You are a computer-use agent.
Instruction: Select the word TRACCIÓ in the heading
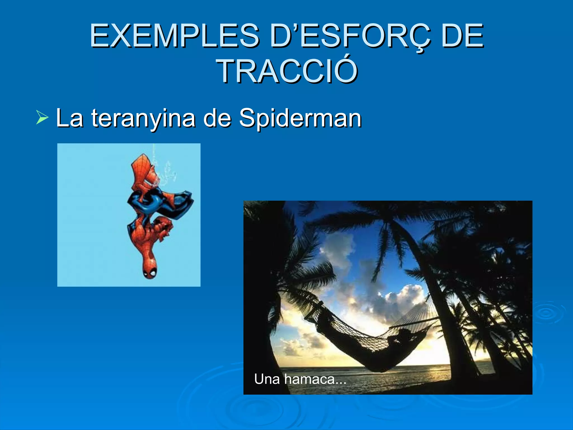point(287,72)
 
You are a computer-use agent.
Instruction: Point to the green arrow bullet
point(42,118)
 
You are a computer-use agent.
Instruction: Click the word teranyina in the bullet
point(143,118)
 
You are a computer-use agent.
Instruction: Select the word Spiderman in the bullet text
point(300,118)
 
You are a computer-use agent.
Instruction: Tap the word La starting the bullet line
point(69,118)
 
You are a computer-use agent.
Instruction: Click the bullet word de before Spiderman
point(217,118)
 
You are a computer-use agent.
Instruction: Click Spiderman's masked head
point(150,270)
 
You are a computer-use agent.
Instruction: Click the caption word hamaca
point(309,379)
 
